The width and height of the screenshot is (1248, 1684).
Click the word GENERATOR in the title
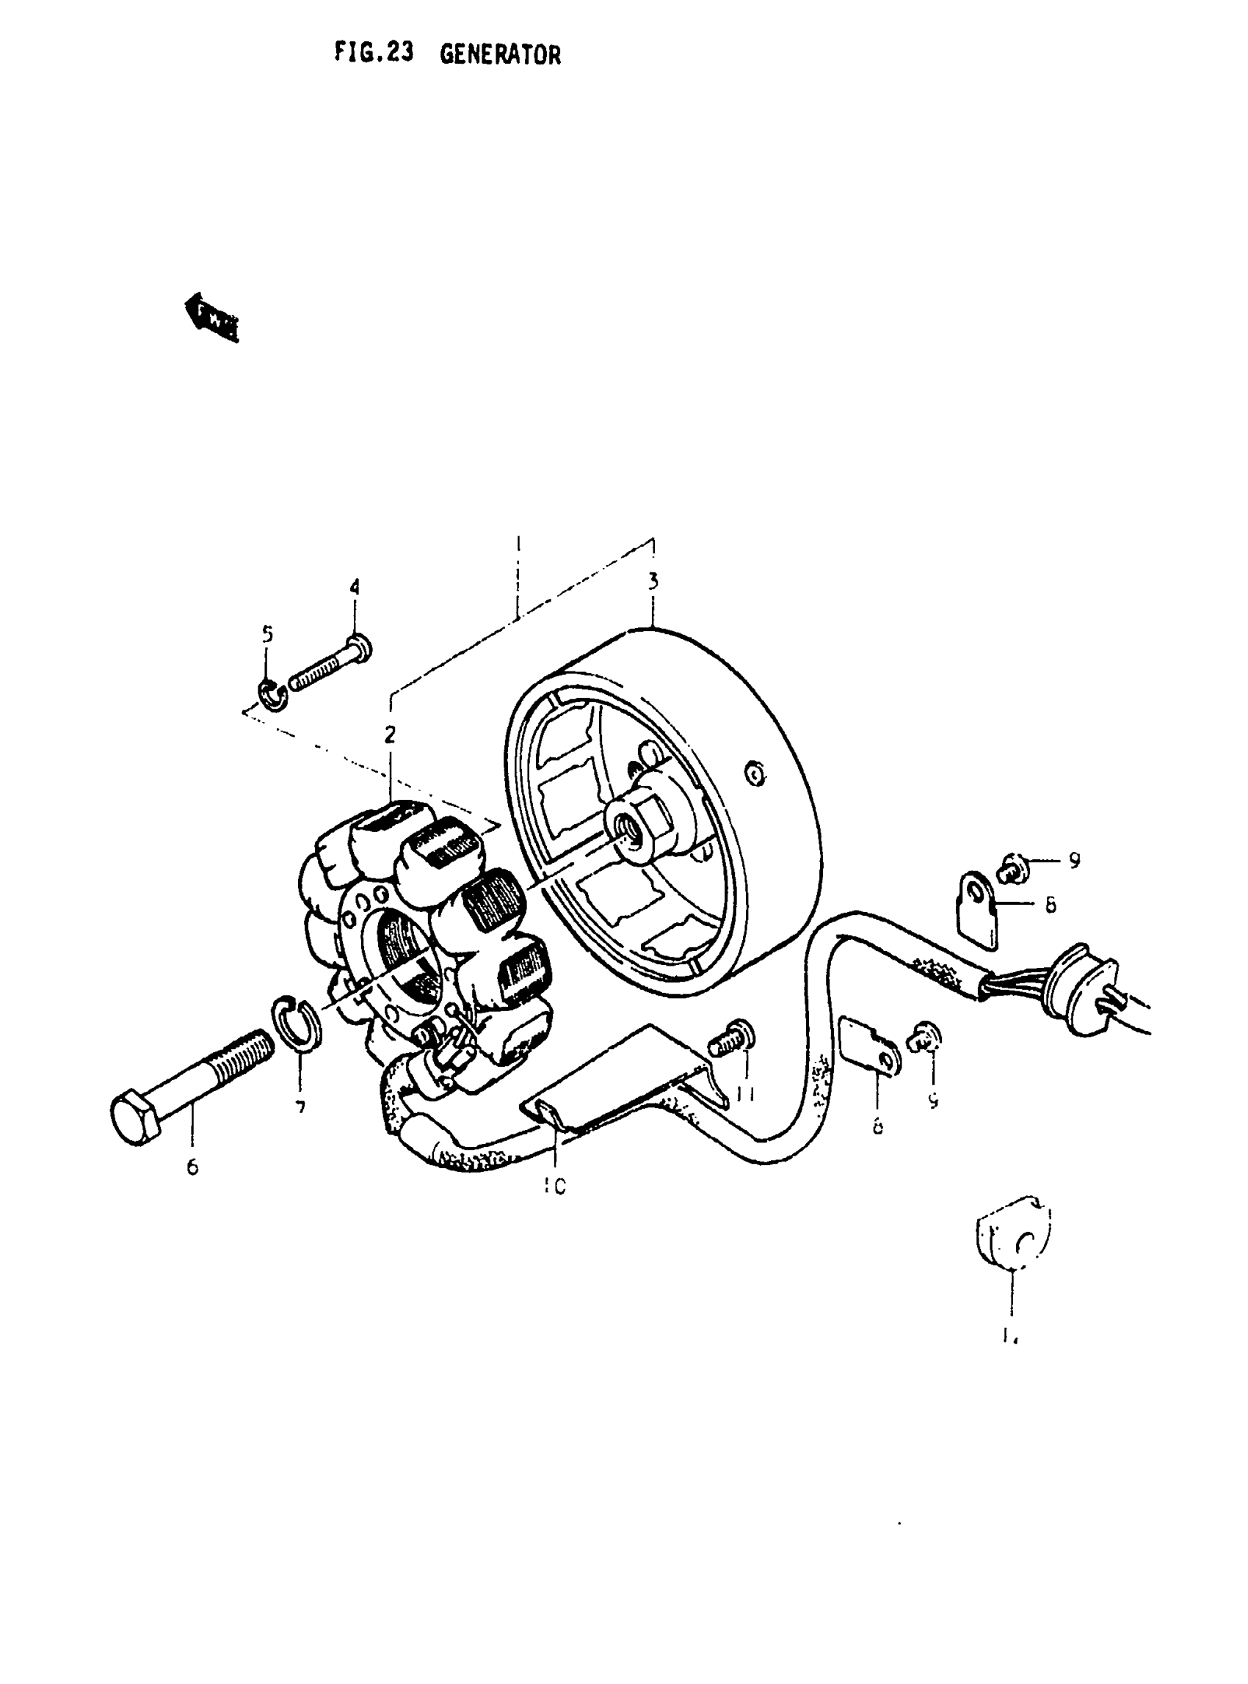(500, 55)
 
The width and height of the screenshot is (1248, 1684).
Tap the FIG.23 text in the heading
(374, 54)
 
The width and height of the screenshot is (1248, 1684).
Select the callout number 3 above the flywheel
(653, 581)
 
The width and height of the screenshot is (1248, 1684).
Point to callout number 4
(355, 587)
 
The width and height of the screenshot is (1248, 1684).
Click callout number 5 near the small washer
(267, 634)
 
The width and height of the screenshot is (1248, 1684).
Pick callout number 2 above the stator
(390, 734)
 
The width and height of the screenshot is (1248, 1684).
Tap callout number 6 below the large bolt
(192, 1167)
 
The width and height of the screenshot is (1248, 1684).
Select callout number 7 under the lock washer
(300, 1107)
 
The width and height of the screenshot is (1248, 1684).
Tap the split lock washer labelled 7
(295, 1023)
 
